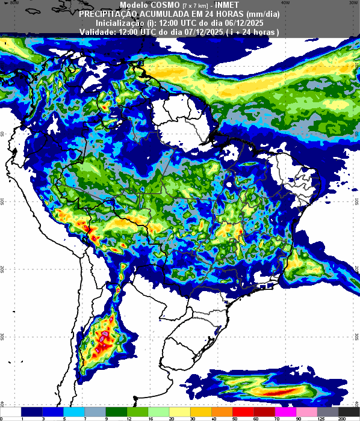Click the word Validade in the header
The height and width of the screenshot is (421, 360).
96,31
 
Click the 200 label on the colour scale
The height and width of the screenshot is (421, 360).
341,417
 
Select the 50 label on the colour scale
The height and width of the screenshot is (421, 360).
235,417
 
